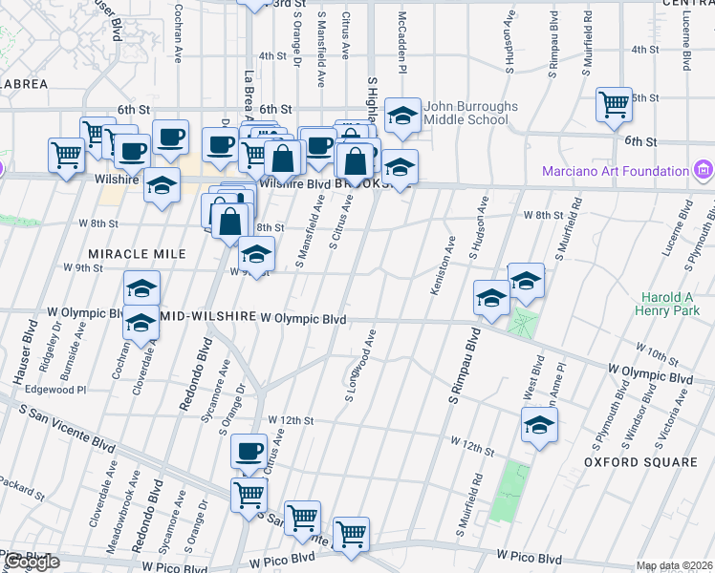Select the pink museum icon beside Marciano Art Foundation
pyautogui.click(x=704, y=171)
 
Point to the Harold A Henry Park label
pyautogui.click(x=673, y=303)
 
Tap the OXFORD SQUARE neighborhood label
pyautogui.click(x=640, y=462)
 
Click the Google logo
pyautogui.click(x=31, y=562)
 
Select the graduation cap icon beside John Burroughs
pyautogui.click(x=402, y=117)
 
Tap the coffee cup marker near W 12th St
pyautogui.click(x=249, y=451)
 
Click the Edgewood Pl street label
pyautogui.click(x=55, y=390)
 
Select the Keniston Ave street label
pyautogui.click(x=444, y=267)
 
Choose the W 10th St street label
pyautogui.click(x=659, y=352)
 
